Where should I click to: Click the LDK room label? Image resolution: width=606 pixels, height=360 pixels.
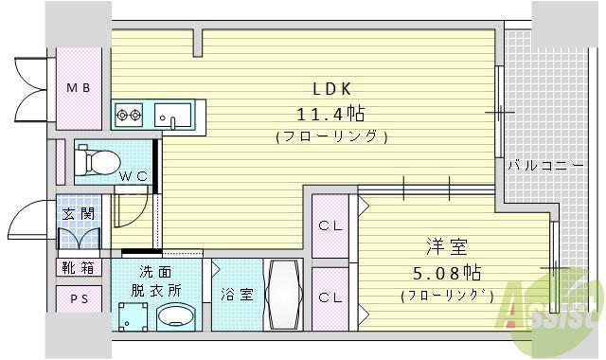point(332,89)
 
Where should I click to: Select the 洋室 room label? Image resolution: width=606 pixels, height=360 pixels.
point(445,249)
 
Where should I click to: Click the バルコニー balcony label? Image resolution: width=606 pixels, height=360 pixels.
point(544,165)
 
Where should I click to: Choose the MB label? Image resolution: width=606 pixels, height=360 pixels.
point(79,87)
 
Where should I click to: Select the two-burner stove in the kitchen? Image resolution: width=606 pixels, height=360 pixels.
point(129,116)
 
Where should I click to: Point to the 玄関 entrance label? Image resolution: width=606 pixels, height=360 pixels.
point(78,213)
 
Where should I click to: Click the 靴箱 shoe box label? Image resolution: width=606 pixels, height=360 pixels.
point(79,267)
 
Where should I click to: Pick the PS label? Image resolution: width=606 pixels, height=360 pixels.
point(79,300)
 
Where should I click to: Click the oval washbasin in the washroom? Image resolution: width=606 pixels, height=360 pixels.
point(175,315)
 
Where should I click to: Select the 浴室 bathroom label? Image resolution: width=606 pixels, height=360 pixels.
point(237,294)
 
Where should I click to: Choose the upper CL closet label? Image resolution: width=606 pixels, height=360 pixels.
point(330,225)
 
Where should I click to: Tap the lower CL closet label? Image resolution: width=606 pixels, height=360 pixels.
point(330,297)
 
